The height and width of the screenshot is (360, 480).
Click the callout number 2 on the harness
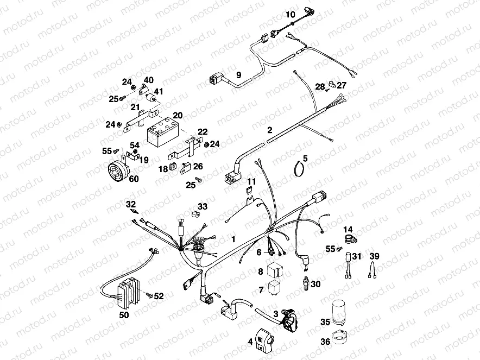tap(269, 130)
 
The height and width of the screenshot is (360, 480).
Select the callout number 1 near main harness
tap(234, 239)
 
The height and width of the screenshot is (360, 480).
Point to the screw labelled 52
tap(148, 295)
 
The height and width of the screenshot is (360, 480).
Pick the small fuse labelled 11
tap(250, 190)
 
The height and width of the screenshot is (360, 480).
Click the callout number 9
tap(238, 74)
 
